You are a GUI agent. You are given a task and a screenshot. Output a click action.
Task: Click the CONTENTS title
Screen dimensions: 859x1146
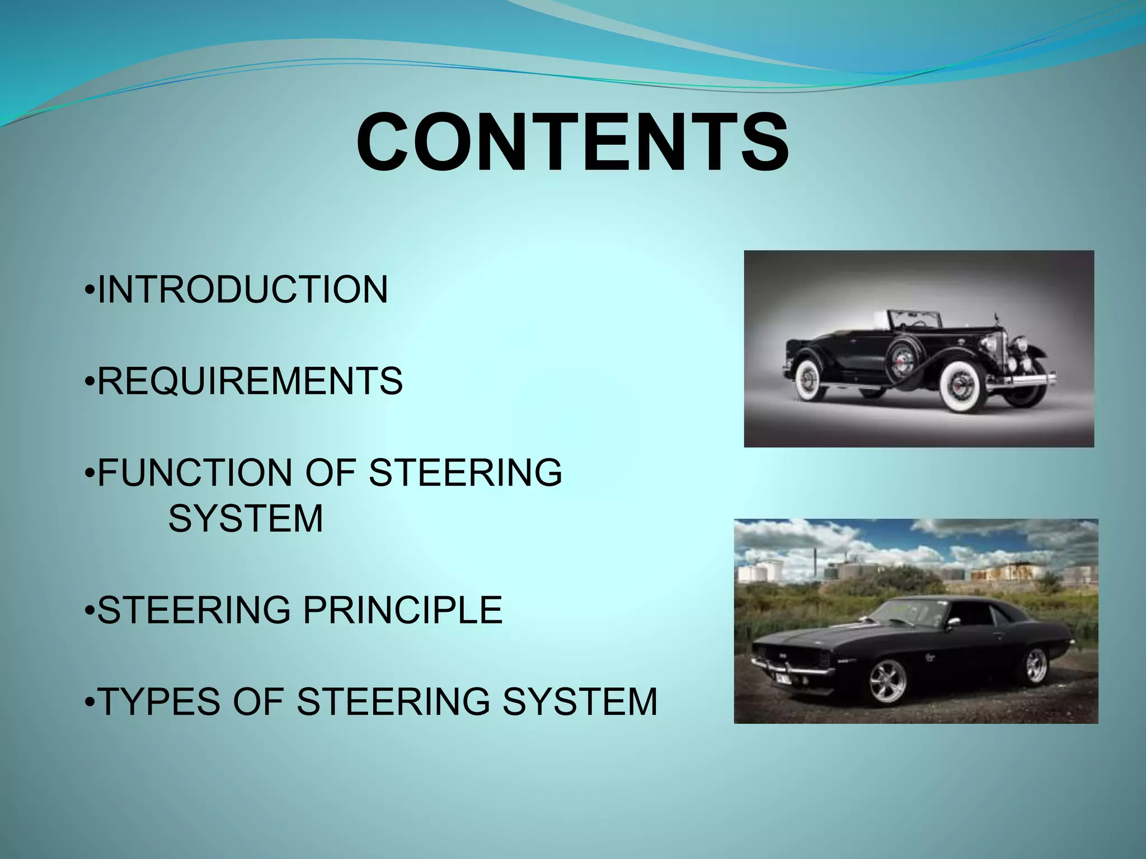(572, 143)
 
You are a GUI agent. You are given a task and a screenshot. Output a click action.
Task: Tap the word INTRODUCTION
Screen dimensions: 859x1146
(242, 290)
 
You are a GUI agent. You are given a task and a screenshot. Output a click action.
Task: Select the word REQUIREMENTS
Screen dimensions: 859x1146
(250, 381)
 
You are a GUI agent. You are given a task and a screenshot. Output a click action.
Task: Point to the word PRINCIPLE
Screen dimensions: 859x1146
(402, 610)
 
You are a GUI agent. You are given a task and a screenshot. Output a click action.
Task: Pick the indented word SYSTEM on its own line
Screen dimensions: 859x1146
(246, 518)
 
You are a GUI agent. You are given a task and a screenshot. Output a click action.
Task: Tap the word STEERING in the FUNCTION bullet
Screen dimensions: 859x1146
(466, 473)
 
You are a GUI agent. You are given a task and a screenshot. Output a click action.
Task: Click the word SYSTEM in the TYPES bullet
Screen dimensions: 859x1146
(580, 702)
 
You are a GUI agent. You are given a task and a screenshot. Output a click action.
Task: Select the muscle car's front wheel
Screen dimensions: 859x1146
(887, 682)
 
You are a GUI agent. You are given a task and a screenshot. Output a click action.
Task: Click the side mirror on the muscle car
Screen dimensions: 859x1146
(955, 621)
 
